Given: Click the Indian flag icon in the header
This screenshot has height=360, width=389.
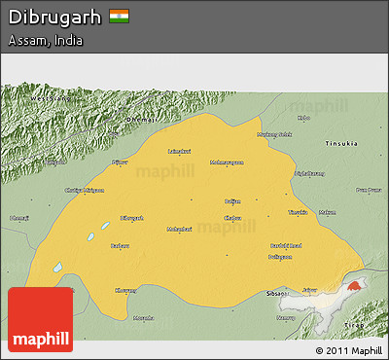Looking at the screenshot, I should click(x=120, y=17).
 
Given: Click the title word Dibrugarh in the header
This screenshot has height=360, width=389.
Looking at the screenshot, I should click(x=54, y=17).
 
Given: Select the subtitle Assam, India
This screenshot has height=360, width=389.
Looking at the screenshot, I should click(x=45, y=41).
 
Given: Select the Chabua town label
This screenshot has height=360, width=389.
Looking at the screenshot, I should click(x=232, y=218).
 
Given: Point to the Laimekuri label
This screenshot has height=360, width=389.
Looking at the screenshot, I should click(x=179, y=151).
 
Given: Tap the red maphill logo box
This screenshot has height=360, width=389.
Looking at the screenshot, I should click(x=40, y=319).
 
